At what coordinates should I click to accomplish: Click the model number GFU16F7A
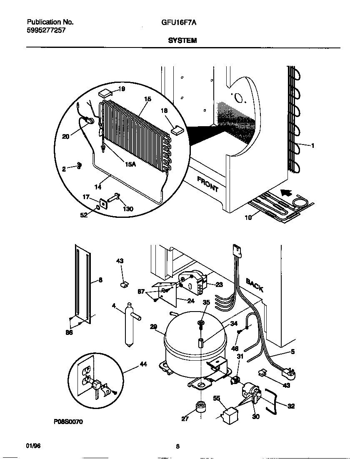coord(179,22)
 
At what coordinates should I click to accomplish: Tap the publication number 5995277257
coord(46,30)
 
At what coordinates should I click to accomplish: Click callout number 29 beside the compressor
coord(153,327)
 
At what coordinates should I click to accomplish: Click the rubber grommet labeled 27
coord(200,406)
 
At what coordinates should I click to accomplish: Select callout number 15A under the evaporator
coord(130,165)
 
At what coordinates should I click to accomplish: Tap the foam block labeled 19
coord(107,92)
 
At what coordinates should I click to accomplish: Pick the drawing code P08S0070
coord(68,422)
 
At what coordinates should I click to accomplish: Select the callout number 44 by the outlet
coord(143,364)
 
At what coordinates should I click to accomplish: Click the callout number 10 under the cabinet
coord(248,217)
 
